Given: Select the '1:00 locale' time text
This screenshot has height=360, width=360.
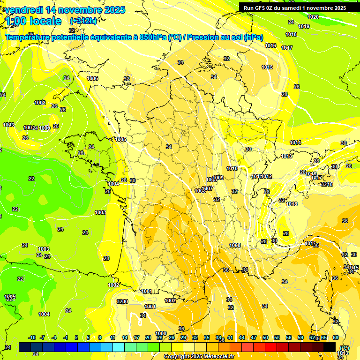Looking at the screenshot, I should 33,21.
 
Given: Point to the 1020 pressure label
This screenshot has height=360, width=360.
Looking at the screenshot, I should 313,17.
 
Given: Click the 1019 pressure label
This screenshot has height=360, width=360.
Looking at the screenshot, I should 304,26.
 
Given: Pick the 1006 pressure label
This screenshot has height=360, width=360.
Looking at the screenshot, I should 92,78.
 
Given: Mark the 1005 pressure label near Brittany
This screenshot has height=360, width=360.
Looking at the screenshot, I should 120,139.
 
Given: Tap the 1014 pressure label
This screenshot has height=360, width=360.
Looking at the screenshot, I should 295,142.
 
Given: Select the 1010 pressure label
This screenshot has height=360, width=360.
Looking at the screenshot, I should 232,168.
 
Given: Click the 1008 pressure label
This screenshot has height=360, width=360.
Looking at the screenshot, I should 235,245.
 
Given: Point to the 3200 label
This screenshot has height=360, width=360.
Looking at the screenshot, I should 122,301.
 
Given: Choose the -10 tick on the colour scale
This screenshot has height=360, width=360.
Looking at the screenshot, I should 32,337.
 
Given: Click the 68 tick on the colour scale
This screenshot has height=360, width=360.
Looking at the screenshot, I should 336,337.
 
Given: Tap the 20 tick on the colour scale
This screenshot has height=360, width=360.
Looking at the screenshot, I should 148,337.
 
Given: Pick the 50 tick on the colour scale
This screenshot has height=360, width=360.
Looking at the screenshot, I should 265,337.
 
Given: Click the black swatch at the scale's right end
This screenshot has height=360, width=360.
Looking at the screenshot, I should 330,347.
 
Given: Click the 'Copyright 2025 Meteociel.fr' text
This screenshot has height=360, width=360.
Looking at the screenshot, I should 199,356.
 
